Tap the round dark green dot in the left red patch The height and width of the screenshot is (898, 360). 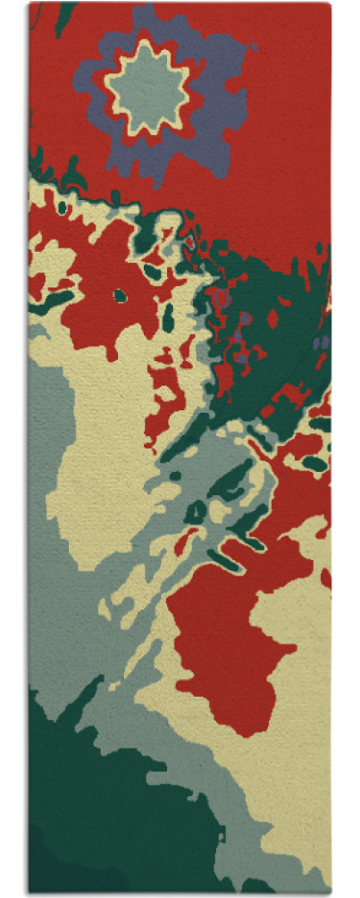[x=120, y=294]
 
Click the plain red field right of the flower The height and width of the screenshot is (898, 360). [x=286, y=107]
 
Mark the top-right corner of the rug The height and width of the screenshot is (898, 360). [x=330, y=4]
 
